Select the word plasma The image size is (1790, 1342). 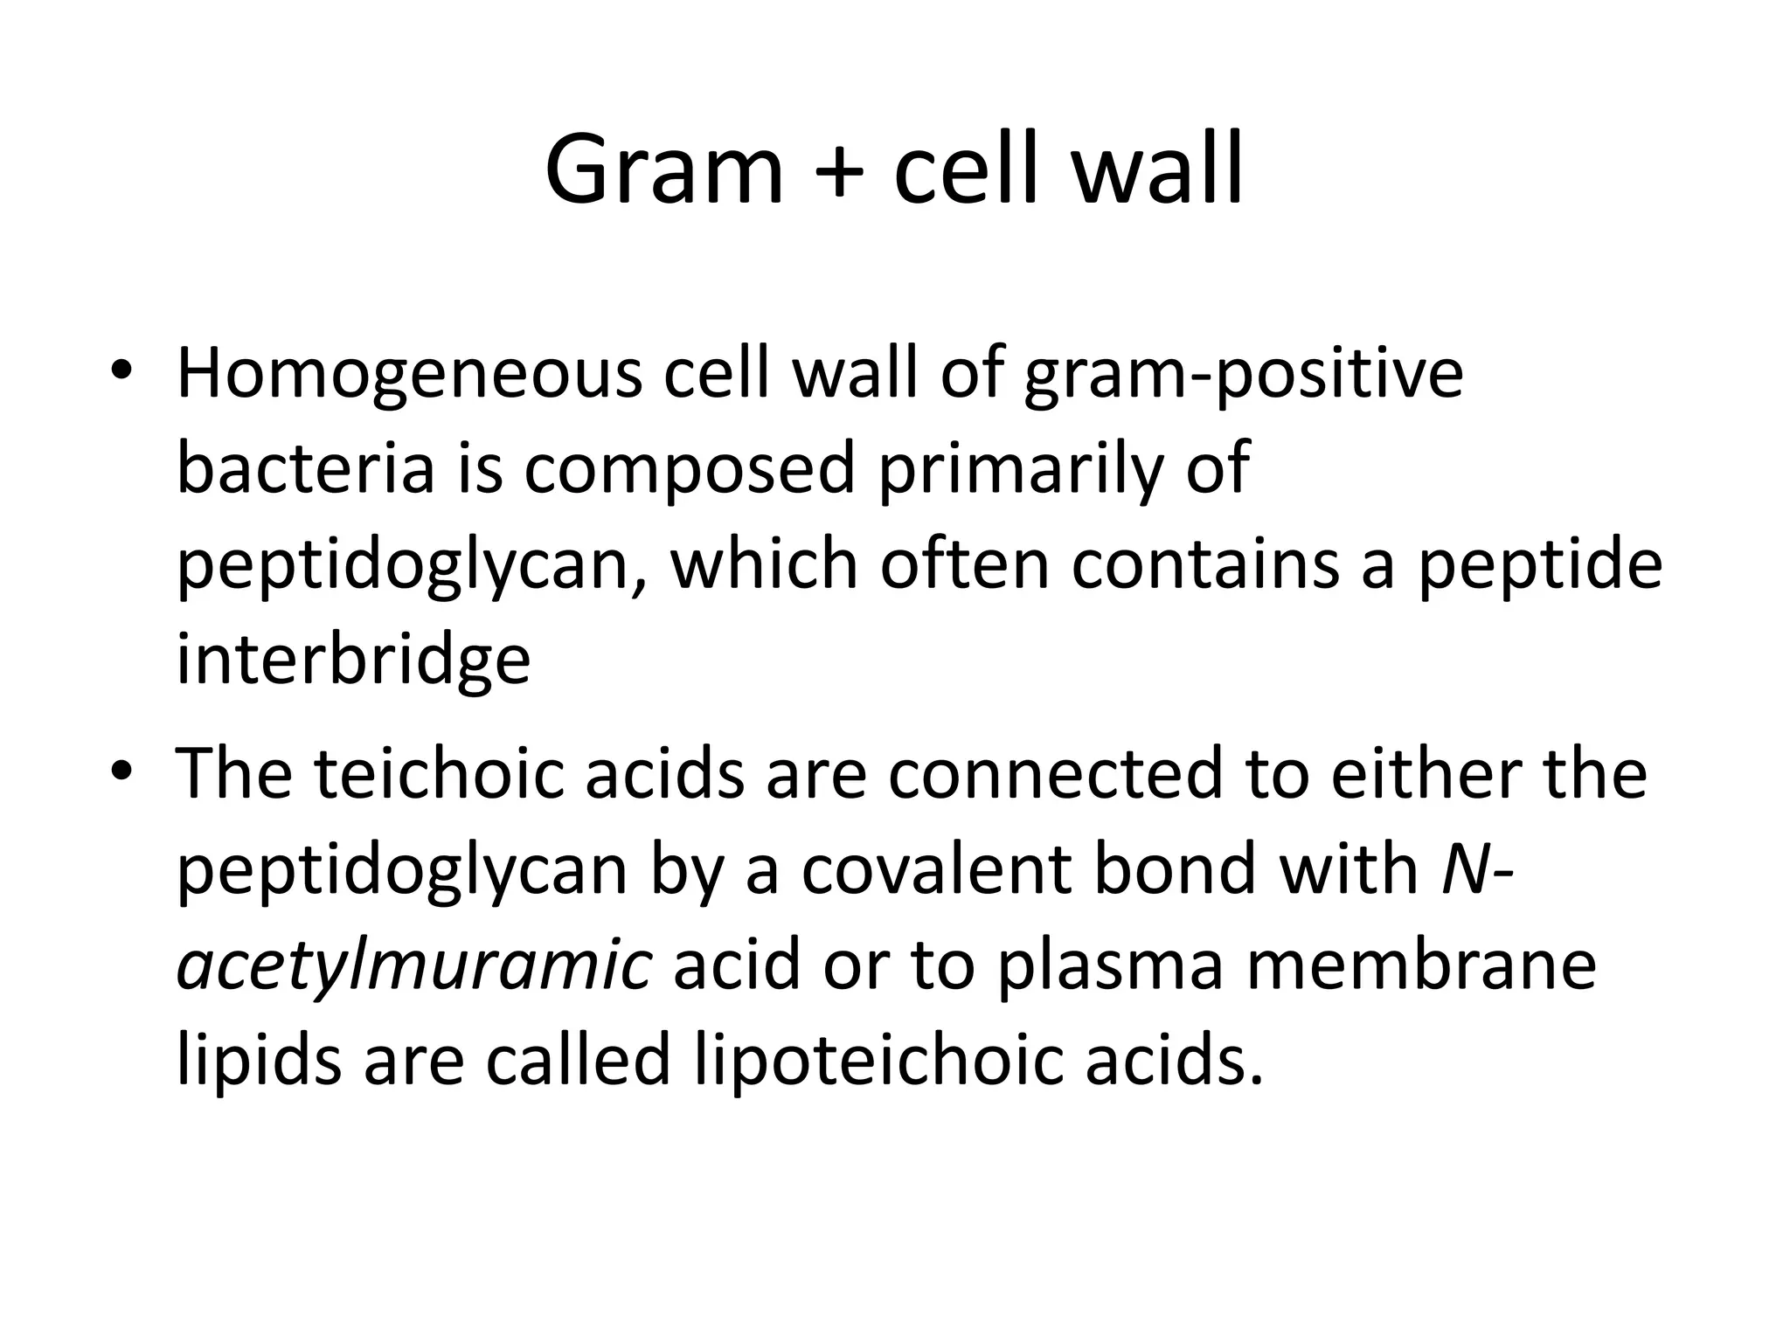(x=1109, y=967)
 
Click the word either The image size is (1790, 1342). (x=1427, y=775)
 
